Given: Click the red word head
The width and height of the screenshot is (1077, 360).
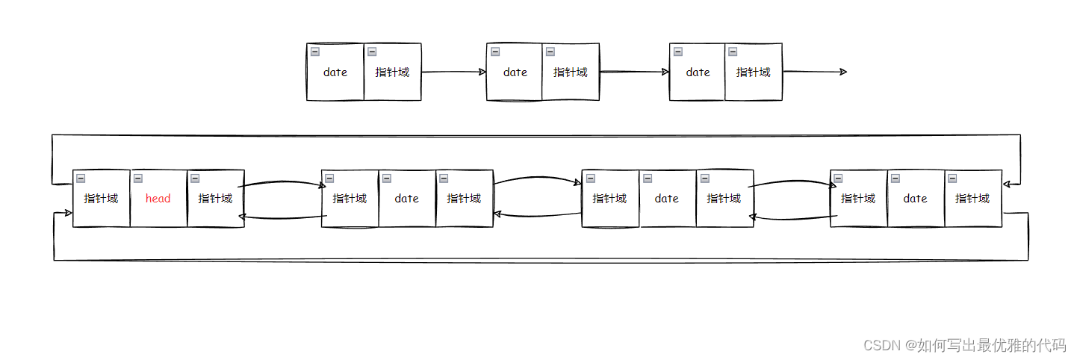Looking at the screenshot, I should pos(158,199).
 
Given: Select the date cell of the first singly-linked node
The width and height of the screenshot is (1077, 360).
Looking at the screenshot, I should pos(335,72).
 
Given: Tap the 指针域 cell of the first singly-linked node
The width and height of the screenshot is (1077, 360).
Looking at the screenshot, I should pos(393,72).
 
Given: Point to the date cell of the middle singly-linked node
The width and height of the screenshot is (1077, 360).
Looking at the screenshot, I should pos(515,72).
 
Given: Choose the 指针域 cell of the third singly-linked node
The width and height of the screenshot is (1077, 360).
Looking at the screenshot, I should pos(754,72).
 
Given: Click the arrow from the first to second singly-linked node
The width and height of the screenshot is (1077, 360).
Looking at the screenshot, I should pos(453,72).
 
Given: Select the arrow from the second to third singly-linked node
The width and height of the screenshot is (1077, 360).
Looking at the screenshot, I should pos(634,72).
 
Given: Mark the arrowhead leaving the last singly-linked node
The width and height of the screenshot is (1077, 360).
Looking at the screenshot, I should pos(843,72).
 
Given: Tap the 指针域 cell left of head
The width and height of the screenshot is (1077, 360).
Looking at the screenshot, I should pos(102,199).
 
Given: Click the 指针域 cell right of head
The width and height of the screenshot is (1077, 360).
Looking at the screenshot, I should pos(216,199).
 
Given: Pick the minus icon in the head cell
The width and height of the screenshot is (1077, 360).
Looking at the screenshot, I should pos(138,179).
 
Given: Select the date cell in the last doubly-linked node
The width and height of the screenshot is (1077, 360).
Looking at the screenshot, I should pos(916,199).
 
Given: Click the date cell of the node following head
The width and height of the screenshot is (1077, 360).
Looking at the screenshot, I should pos(407,199).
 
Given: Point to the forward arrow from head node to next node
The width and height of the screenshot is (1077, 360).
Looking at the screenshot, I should pos(282,181).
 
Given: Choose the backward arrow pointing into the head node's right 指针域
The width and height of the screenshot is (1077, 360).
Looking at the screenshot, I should pos(282,217).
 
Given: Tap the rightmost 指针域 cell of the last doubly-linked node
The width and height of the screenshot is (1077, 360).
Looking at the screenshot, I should pos(973,199).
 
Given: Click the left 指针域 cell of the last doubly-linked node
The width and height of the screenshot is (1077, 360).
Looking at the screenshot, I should pos(858,199).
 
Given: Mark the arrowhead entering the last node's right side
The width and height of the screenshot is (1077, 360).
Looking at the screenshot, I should pos(1008,183).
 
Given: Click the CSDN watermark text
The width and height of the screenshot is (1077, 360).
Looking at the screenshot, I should pos(964,345).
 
